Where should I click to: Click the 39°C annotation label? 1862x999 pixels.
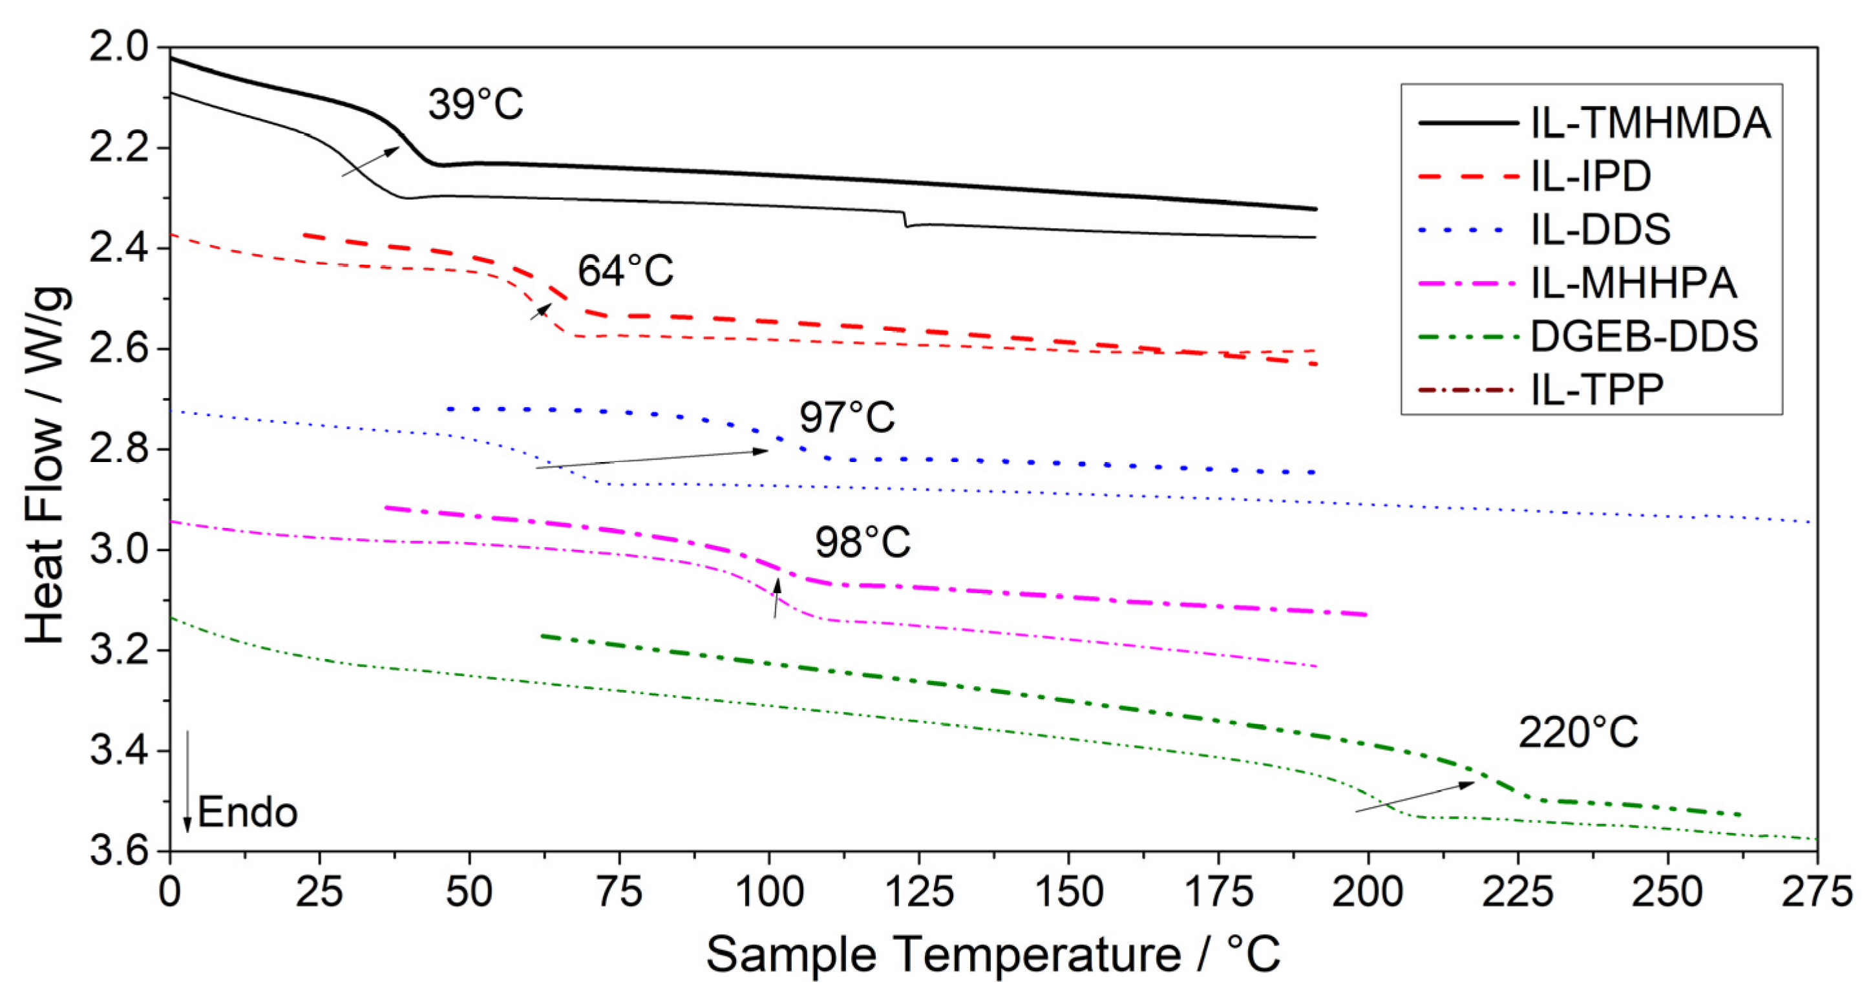[x=475, y=105]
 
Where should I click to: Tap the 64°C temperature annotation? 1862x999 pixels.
[x=624, y=272]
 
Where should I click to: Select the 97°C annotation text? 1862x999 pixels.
[x=847, y=418]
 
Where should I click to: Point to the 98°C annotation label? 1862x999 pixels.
[x=862, y=542]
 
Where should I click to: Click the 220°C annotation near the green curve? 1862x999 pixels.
[x=1578, y=733]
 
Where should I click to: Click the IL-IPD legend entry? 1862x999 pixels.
[x=1590, y=176]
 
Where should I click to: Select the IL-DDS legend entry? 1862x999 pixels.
[x=1600, y=229]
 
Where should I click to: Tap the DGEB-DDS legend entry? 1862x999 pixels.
[x=1644, y=336]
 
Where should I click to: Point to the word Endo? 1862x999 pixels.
[x=247, y=812]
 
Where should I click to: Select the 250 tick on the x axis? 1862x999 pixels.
[x=1667, y=894]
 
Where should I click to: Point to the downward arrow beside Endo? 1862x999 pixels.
[x=187, y=781]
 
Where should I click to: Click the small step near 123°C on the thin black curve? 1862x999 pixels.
[x=905, y=220]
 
